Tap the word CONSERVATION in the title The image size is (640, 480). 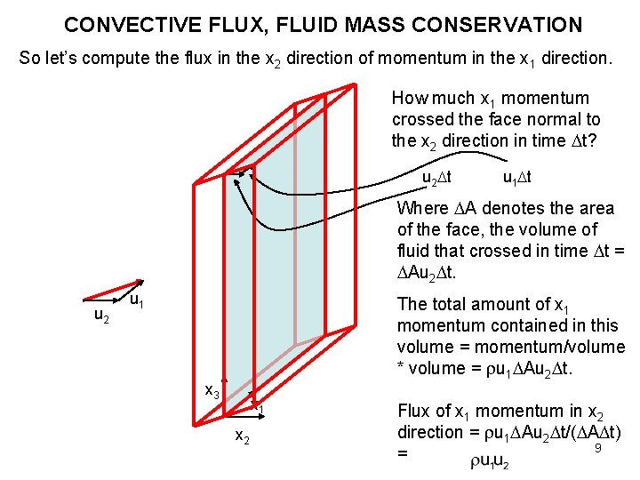click(x=499, y=25)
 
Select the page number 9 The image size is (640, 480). click(x=598, y=448)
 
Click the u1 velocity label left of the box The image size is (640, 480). click(x=138, y=303)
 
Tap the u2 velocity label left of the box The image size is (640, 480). click(x=101, y=316)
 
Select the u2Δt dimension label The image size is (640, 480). click(x=436, y=177)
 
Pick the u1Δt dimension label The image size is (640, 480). click(x=517, y=177)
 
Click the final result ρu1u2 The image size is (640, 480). click(x=490, y=460)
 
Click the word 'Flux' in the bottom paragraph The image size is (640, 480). click(x=414, y=411)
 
